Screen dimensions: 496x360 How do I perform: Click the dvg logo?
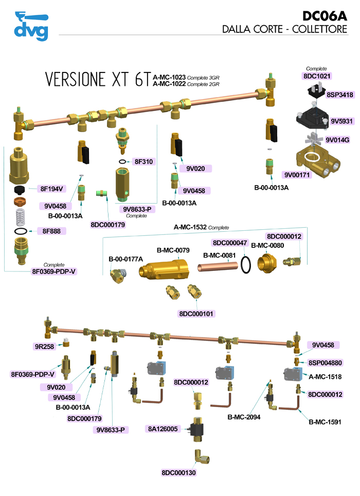coord(31,26)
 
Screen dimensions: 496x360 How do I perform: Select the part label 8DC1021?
coord(317,76)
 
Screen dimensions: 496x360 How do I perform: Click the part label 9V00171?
coord(298,175)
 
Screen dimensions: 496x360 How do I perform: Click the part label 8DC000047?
coord(229,242)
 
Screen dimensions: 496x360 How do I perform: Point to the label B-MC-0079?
coord(173,250)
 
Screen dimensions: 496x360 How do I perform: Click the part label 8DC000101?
coord(196,314)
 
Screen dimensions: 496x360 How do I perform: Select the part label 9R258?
coord(44,346)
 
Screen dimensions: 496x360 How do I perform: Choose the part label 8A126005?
coord(163,429)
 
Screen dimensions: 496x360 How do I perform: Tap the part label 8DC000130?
coord(178,472)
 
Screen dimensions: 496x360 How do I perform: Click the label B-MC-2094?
coord(244,417)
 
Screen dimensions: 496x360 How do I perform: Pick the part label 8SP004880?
coord(327,362)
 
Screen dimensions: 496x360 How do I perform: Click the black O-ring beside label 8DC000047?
coord(246,265)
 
